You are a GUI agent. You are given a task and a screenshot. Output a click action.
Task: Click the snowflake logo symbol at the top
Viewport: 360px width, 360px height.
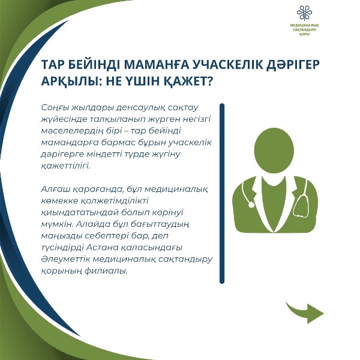(304, 13)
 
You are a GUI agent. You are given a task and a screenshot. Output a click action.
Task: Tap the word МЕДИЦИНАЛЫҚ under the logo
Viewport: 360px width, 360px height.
(304, 25)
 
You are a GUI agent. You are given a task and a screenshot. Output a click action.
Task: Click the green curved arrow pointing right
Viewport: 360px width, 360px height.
(305, 312)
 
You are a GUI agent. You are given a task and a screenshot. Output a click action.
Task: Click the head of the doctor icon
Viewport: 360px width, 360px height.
(274, 151)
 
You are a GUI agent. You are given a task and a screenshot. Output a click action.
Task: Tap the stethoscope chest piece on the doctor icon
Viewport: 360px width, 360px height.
(250, 204)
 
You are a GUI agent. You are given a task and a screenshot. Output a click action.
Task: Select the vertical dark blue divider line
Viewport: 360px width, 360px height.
(222, 193)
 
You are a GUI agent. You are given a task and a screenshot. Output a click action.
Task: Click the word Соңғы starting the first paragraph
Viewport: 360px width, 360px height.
(55, 108)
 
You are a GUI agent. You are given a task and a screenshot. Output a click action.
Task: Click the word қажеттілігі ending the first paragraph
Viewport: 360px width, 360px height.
(66, 166)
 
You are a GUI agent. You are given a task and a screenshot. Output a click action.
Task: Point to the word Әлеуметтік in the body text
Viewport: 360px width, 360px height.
(66, 259)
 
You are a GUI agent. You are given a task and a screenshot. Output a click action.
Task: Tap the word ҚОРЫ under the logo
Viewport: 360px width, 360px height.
(304, 34)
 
